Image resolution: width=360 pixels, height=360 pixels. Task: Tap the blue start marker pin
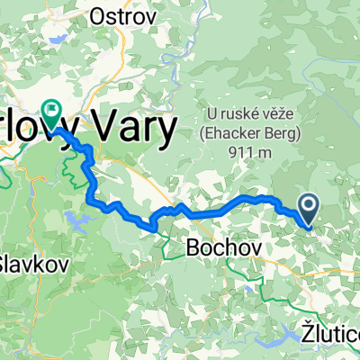click(x=309, y=209)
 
